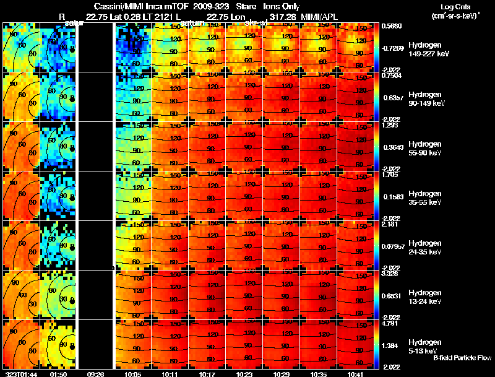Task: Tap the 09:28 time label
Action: click(x=96, y=374)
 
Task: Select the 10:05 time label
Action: click(x=133, y=374)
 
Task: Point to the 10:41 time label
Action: click(x=356, y=374)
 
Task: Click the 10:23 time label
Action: click(x=244, y=374)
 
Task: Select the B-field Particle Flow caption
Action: click(x=462, y=358)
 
